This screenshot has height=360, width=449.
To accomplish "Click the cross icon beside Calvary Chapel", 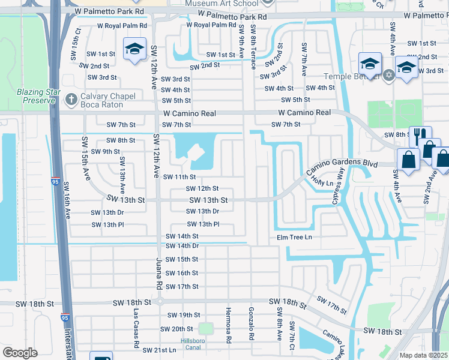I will pyautogui.click(x=71, y=98).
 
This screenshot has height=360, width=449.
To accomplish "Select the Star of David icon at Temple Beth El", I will pyautogui.click(x=389, y=75).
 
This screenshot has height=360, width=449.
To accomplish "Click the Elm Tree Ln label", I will pyautogui.click(x=294, y=238).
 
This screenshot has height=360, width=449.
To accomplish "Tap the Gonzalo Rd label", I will pyautogui.click(x=251, y=325).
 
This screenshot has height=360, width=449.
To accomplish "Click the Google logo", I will pyautogui.click(x=20, y=353).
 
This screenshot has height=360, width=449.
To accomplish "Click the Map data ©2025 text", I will pyautogui.click(x=423, y=355).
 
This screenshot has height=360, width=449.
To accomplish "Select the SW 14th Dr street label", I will pyautogui.click(x=182, y=246).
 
